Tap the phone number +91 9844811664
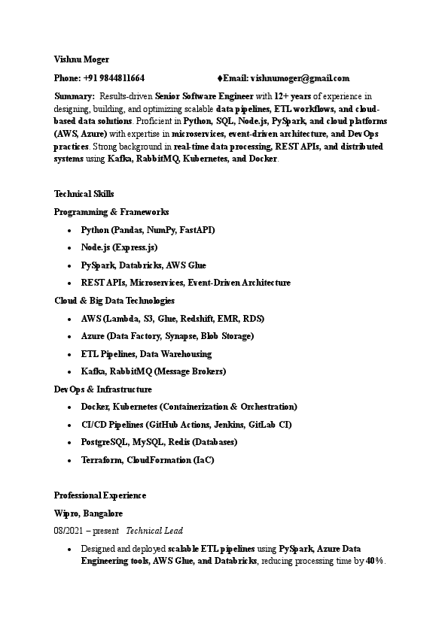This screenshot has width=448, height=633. click(114, 78)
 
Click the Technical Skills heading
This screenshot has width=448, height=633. click(84, 194)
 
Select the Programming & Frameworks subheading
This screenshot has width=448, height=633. click(111, 212)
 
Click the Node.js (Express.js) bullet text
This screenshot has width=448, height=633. click(119, 247)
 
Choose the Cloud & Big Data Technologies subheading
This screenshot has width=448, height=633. click(114, 301)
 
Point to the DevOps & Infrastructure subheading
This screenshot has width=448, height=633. click(103, 389)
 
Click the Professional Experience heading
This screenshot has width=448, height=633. click(100, 495)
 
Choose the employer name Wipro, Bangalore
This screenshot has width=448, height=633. click(88, 513)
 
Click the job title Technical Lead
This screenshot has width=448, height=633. click(154, 531)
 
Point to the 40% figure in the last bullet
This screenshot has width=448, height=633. click(374, 562)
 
